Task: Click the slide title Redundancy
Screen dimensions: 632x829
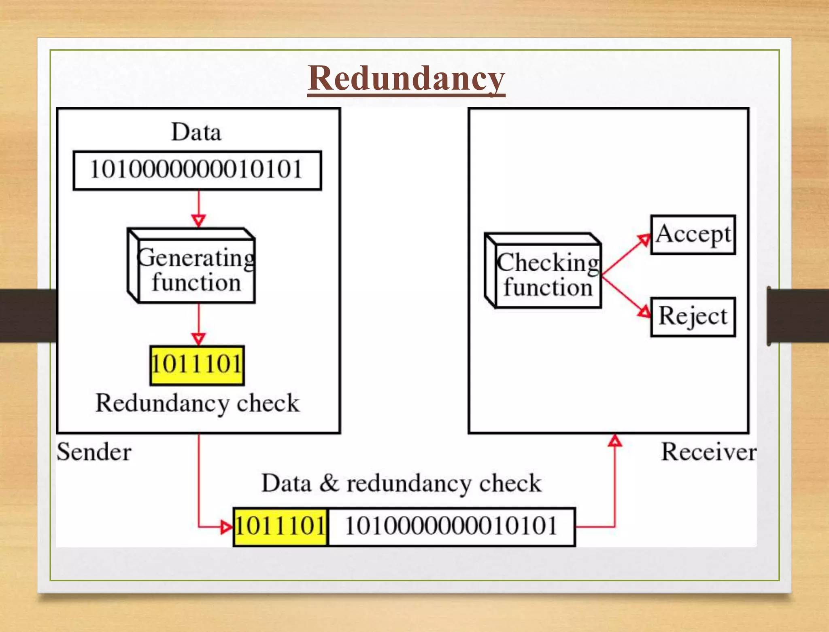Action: point(406,79)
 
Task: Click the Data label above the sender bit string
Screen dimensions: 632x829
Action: point(196,132)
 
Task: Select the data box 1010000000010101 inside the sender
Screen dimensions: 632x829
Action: point(197,170)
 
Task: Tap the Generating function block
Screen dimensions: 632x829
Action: point(196,270)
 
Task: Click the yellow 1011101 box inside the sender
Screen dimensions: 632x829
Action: point(197,365)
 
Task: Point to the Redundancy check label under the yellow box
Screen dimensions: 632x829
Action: point(197,403)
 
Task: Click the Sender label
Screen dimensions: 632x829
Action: point(94,452)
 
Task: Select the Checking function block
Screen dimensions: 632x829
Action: point(548,275)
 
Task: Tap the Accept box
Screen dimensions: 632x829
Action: point(693,235)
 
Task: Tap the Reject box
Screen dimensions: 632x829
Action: point(693,317)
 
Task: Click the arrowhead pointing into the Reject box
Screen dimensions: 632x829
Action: point(644,311)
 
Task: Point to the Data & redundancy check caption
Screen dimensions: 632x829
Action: point(401,483)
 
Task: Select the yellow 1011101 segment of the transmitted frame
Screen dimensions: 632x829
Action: point(281,527)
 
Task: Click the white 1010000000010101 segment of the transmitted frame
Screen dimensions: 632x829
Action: point(451,527)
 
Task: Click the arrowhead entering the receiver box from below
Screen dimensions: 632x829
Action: point(615,441)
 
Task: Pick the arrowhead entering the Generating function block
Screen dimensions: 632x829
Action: point(198,221)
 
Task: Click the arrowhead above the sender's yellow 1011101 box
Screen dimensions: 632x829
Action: point(198,338)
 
